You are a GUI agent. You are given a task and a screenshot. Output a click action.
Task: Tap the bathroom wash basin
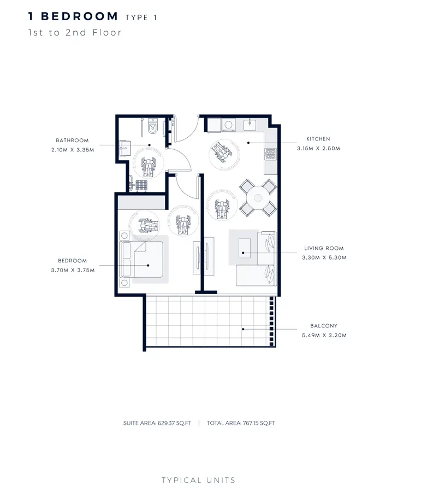coord(124,147)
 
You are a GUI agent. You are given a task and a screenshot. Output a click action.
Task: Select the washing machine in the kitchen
coord(228,125)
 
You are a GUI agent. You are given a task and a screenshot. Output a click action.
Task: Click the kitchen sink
coord(250,125)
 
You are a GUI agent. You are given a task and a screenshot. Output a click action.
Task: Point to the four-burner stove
coord(270,155)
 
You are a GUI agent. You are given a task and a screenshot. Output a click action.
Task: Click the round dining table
coord(257,196)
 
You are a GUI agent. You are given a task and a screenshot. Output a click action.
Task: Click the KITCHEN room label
coord(318,139)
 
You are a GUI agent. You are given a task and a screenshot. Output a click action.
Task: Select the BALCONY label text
coord(324,326)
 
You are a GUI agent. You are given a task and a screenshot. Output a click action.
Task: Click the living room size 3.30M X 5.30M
coord(324,257)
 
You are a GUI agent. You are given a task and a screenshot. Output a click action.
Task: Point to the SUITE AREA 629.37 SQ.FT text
coord(157,423)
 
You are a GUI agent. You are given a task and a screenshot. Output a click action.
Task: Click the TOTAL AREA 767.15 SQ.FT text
coord(241,423)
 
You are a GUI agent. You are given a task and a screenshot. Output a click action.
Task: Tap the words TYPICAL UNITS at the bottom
coord(199,480)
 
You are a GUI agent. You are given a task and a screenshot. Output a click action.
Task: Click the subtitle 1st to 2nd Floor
coord(75,33)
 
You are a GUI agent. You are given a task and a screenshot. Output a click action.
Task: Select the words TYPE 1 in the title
coord(141,17)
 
